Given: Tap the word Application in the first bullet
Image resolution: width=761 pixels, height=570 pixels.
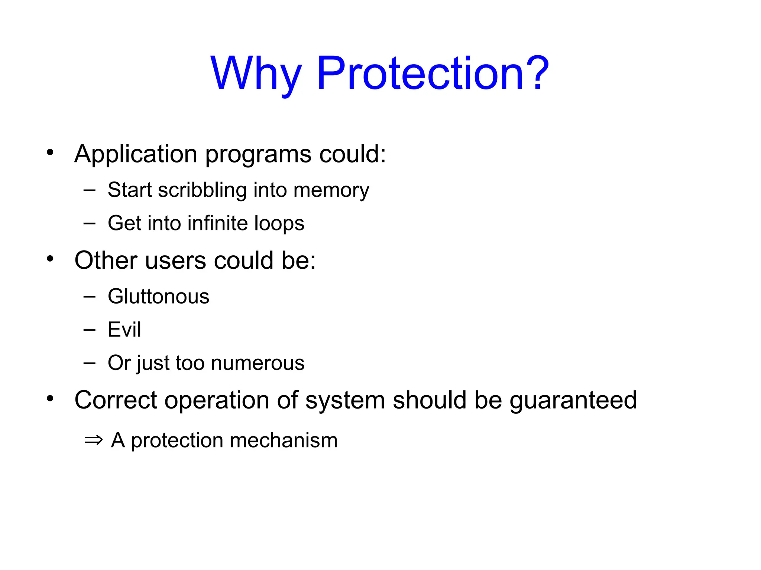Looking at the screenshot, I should click(x=136, y=154).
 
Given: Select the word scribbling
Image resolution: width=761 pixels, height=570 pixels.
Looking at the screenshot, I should click(x=203, y=190).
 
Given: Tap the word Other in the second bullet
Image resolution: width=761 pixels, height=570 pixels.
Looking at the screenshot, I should click(x=106, y=260).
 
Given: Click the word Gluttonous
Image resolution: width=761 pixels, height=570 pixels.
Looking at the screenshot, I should click(x=159, y=297).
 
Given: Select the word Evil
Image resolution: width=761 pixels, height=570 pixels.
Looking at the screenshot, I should click(x=124, y=330).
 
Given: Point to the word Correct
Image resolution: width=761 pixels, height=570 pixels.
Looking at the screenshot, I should click(x=116, y=400).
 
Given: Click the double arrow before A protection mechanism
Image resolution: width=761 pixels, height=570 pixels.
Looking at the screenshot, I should click(x=93, y=440).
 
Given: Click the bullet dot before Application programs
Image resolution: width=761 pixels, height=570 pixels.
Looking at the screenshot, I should click(x=50, y=152).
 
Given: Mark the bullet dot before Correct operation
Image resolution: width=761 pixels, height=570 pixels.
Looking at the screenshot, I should click(x=50, y=399).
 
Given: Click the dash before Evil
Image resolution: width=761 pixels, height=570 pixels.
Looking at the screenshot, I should click(x=90, y=330).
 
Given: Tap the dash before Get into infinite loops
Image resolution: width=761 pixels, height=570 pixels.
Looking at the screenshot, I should click(x=90, y=223).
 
